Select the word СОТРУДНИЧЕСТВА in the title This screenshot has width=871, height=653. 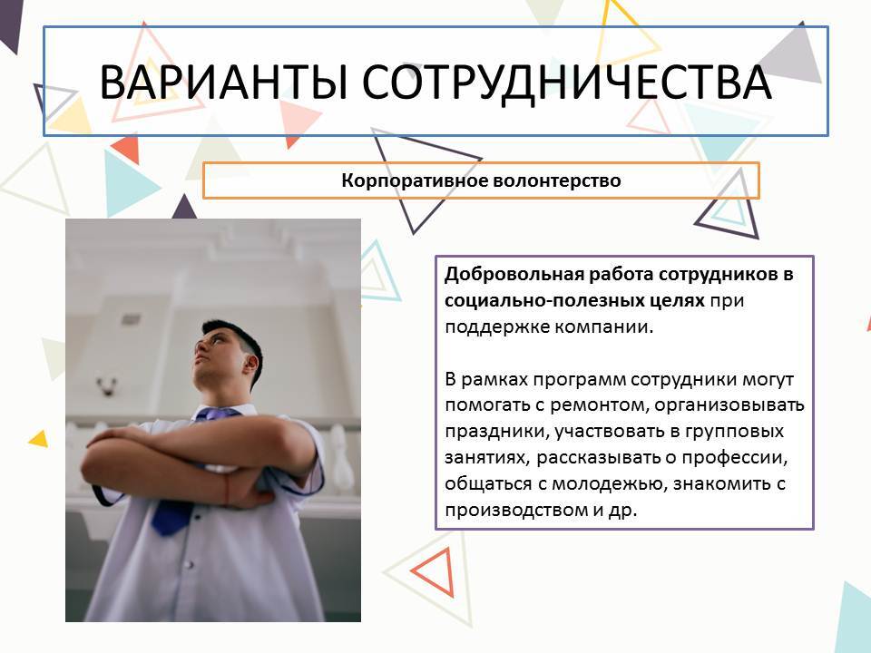click(x=567, y=83)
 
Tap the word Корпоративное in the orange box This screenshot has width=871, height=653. click(x=415, y=180)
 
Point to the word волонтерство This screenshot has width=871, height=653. click(x=557, y=180)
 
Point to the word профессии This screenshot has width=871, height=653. click(x=735, y=457)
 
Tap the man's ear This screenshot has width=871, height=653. click(x=251, y=365)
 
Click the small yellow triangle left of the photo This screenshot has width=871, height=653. click(x=39, y=439)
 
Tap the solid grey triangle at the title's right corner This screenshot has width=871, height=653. click(x=792, y=55)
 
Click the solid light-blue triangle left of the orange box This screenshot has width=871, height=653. click(x=128, y=184)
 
